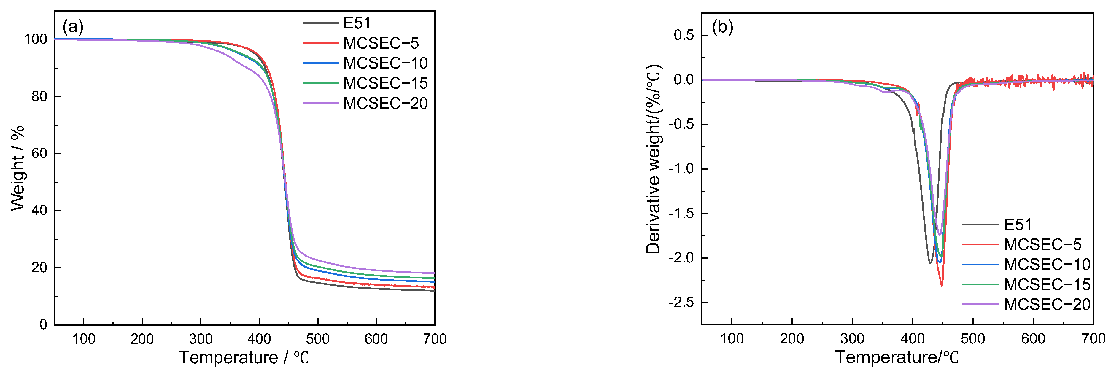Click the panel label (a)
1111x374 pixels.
tap(73, 27)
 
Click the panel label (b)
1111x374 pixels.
tap(722, 27)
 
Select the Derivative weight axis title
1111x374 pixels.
tap(654, 160)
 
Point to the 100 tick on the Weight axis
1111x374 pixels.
tap(35, 39)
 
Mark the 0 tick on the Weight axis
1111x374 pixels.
tap(43, 324)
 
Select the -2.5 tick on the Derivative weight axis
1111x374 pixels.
tap(681, 303)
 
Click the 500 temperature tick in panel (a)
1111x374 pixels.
tap(317, 339)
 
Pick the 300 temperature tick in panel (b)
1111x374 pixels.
tap(852, 339)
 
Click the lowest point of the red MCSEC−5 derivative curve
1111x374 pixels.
tap(942, 285)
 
